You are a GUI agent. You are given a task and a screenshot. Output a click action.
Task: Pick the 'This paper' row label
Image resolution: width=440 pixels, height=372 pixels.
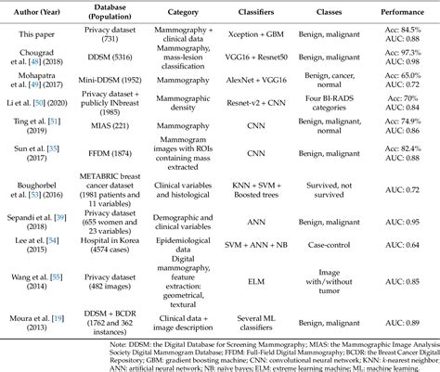35,37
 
